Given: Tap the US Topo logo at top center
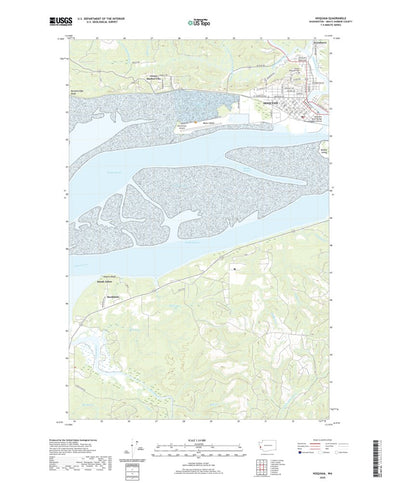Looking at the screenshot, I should (x=199, y=20).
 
